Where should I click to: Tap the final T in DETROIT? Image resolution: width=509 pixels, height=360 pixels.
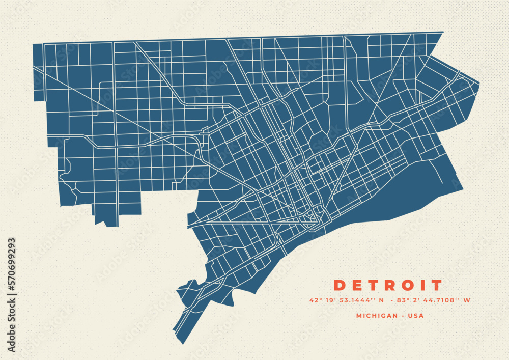tap(436, 285)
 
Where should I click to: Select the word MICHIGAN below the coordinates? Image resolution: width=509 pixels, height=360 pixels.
tap(377, 316)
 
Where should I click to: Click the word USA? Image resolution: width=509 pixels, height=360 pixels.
tap(416, 316)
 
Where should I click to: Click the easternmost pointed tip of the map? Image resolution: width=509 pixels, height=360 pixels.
tap(479, 82)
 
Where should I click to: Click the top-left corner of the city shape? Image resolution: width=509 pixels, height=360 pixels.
tap(33, 44)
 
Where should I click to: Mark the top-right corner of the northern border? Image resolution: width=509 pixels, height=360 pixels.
tap(443, 32)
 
